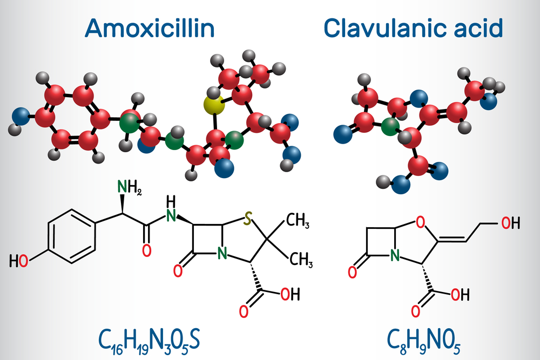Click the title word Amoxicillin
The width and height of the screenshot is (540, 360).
pos(150,28)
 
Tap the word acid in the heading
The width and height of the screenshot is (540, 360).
pos(478,28)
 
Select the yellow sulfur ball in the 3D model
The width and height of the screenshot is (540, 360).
pos(214,105)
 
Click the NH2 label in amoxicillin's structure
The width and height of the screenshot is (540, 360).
pos(129,188)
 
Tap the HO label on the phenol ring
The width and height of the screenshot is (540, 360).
pos(18,261)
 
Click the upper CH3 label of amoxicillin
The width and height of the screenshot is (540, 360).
pos(298,221)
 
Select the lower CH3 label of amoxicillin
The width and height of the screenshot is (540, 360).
pos(301,260)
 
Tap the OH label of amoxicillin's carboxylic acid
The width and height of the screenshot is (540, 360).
pos(290,294)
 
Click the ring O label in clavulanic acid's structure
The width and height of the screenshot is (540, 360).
pos(420,222)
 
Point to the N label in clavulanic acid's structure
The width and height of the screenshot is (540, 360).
pos(395,255)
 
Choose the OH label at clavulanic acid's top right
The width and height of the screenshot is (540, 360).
pos(510,223)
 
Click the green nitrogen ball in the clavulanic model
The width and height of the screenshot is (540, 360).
pos(390,127)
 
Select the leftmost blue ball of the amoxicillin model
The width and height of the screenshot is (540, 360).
pos(21,116)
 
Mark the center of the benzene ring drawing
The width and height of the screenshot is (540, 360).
pos(72,236)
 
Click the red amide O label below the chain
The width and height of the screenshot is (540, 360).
pos(147,250)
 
